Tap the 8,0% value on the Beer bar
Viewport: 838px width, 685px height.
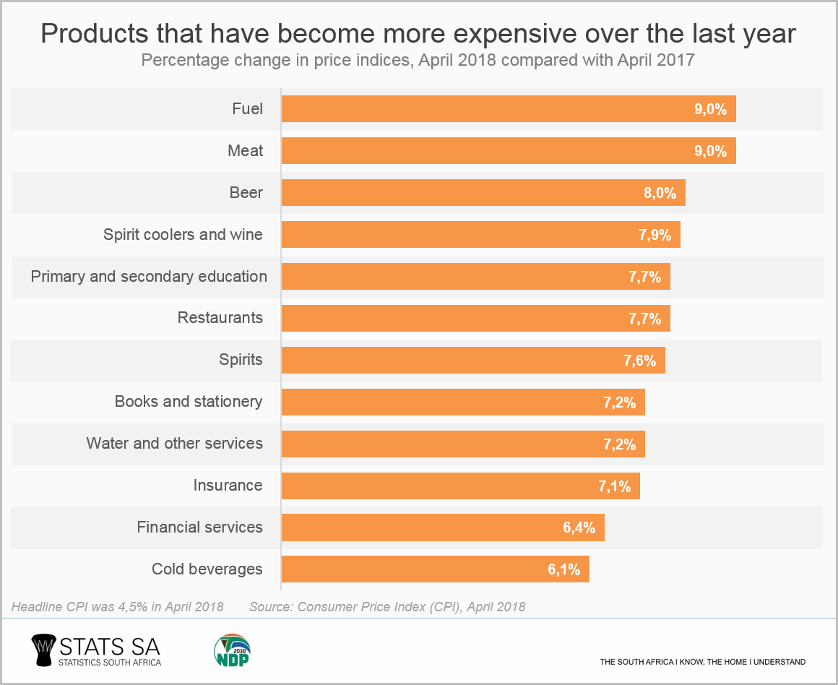pos(661,193)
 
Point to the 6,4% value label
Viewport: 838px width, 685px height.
pos(579,527)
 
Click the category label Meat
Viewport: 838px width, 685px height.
pos(246,151)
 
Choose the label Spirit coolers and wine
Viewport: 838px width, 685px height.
pos(183,235)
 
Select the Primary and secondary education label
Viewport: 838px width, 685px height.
pos(149,277)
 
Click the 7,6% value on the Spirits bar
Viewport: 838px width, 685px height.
pos(640,361)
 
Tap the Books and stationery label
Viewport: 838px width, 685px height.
pos(189,402)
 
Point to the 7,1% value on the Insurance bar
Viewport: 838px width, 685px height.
pos(615,486)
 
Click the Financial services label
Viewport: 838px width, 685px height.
pos(200,527)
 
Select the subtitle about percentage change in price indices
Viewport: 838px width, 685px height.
pos(418,60)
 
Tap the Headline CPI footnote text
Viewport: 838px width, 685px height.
pos(118,606)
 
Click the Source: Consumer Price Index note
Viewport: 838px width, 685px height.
pos(387,606)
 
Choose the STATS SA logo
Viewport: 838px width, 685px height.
pos(96,650)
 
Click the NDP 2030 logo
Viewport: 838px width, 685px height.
pos(231,650)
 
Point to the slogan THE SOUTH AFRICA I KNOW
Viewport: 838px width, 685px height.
pos(702,662)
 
